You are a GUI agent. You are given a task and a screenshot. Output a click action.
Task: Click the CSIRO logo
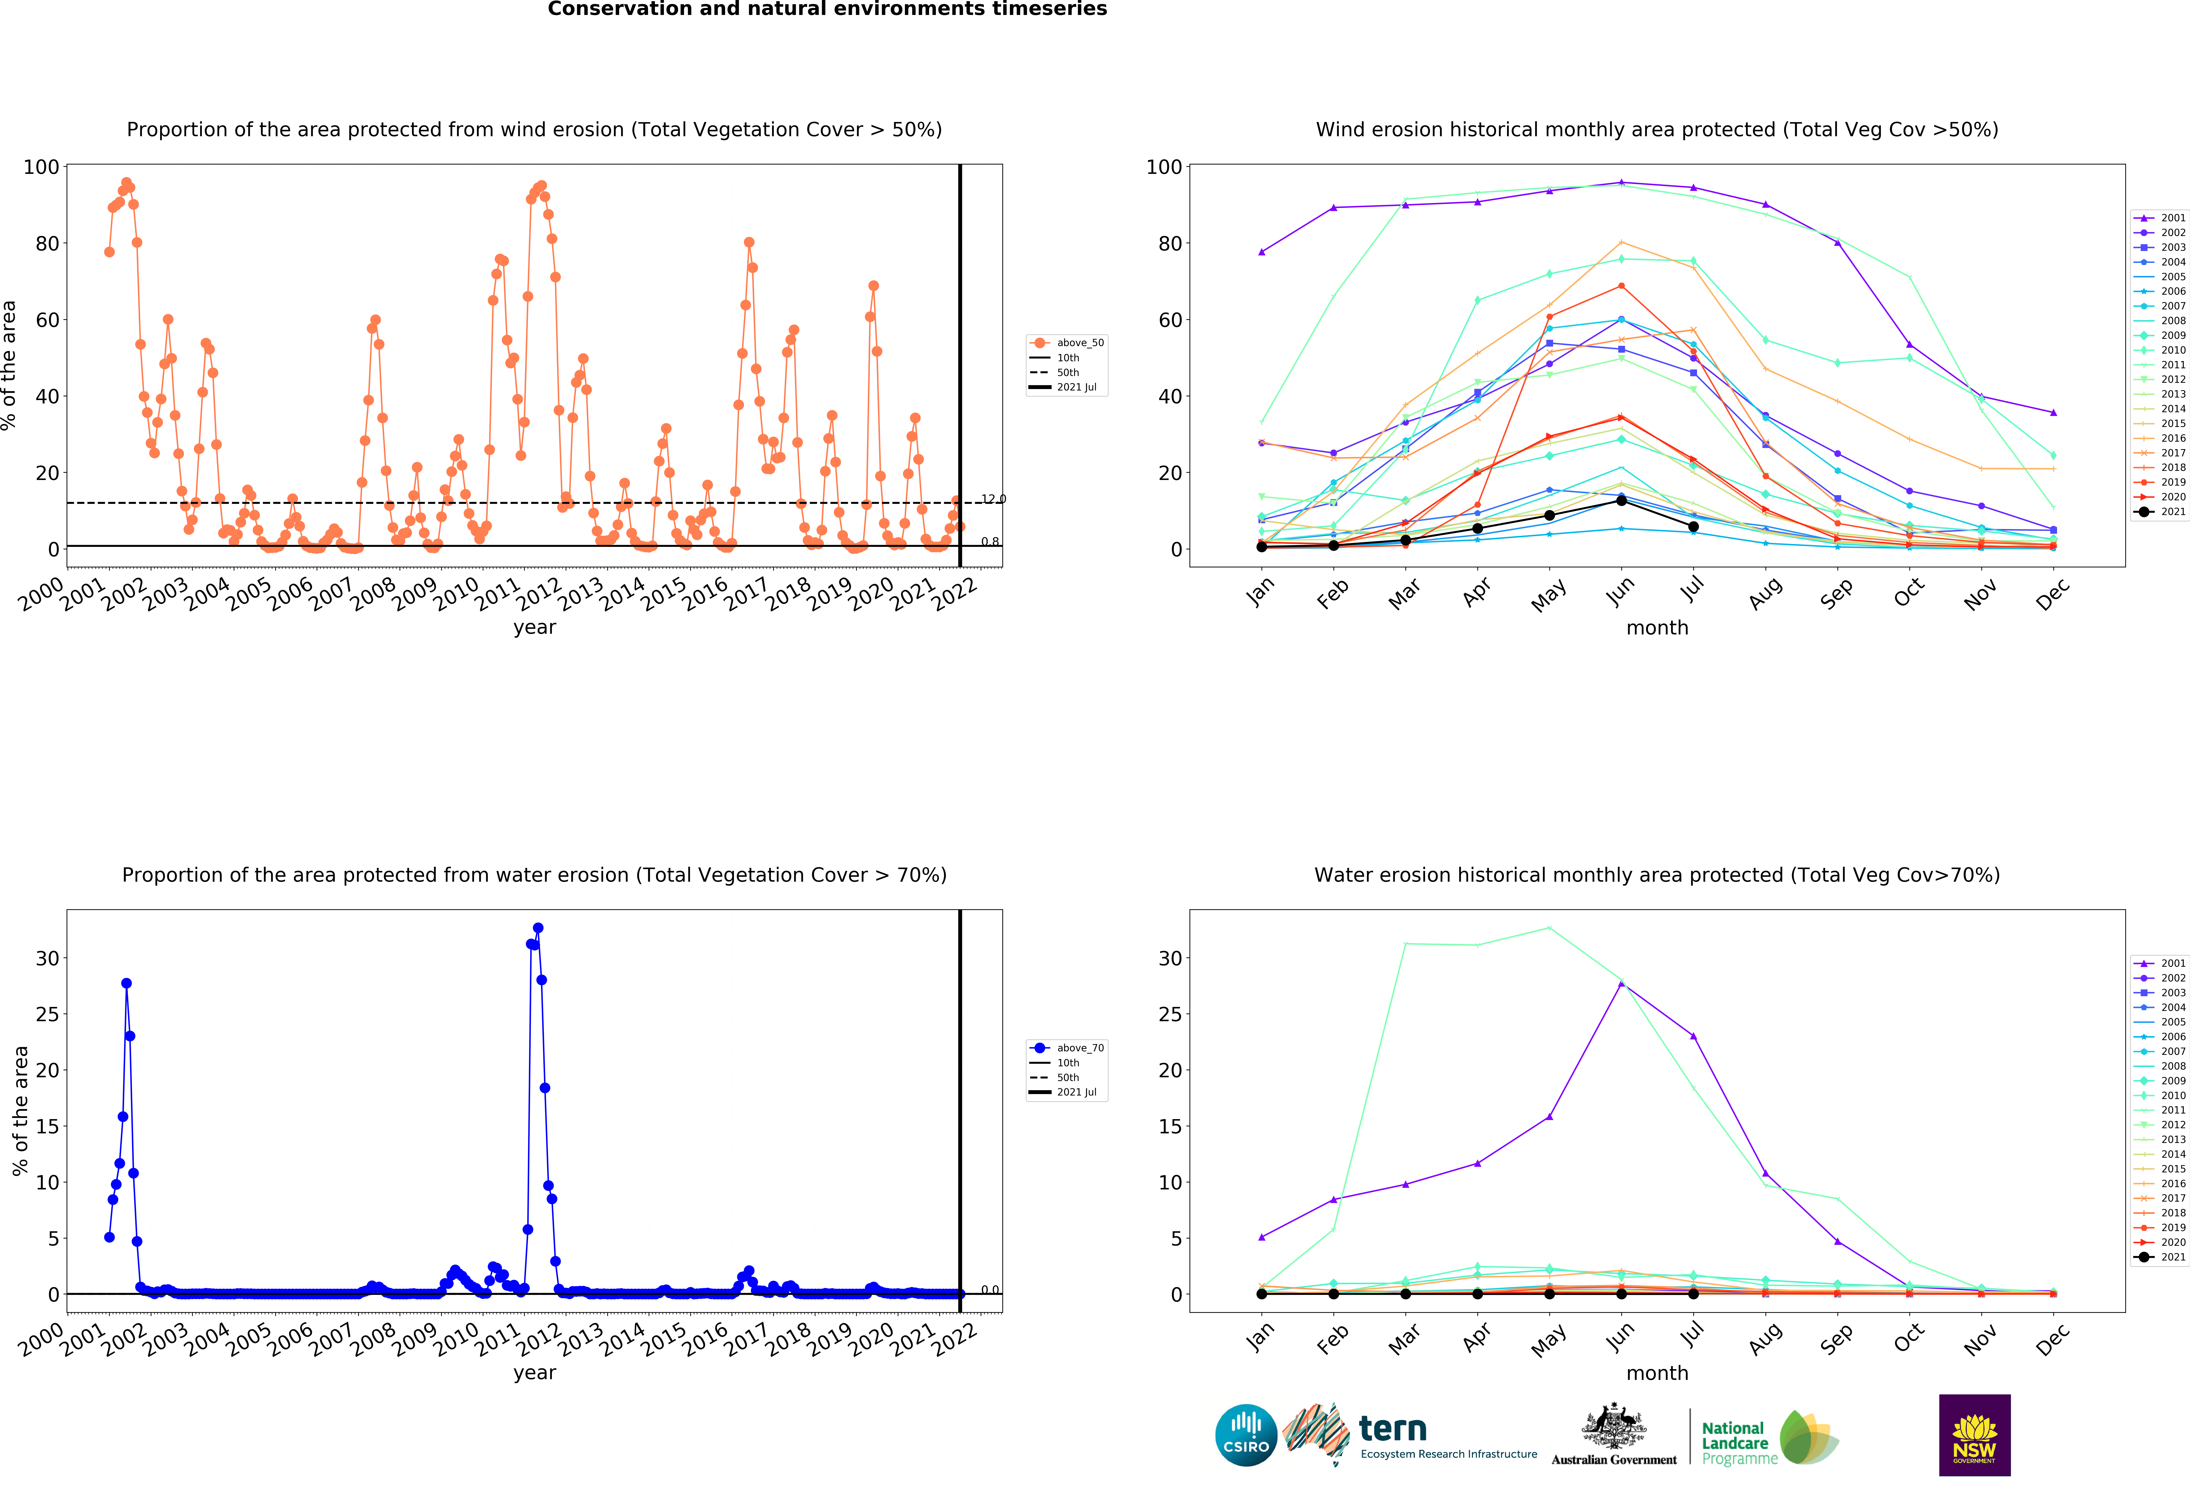[1246, 1436]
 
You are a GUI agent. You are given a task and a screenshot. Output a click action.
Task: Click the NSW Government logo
[1974, 1435]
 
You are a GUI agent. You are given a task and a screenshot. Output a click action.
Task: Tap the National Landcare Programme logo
[1770, 1437]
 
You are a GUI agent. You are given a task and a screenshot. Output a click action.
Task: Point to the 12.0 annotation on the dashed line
[993, 499]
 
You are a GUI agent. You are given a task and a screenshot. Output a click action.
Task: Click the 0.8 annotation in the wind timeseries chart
[990, 542]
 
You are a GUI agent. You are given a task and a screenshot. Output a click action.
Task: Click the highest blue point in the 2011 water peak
[538, 928]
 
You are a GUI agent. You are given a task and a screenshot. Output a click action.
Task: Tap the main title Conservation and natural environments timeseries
[827, 9]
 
